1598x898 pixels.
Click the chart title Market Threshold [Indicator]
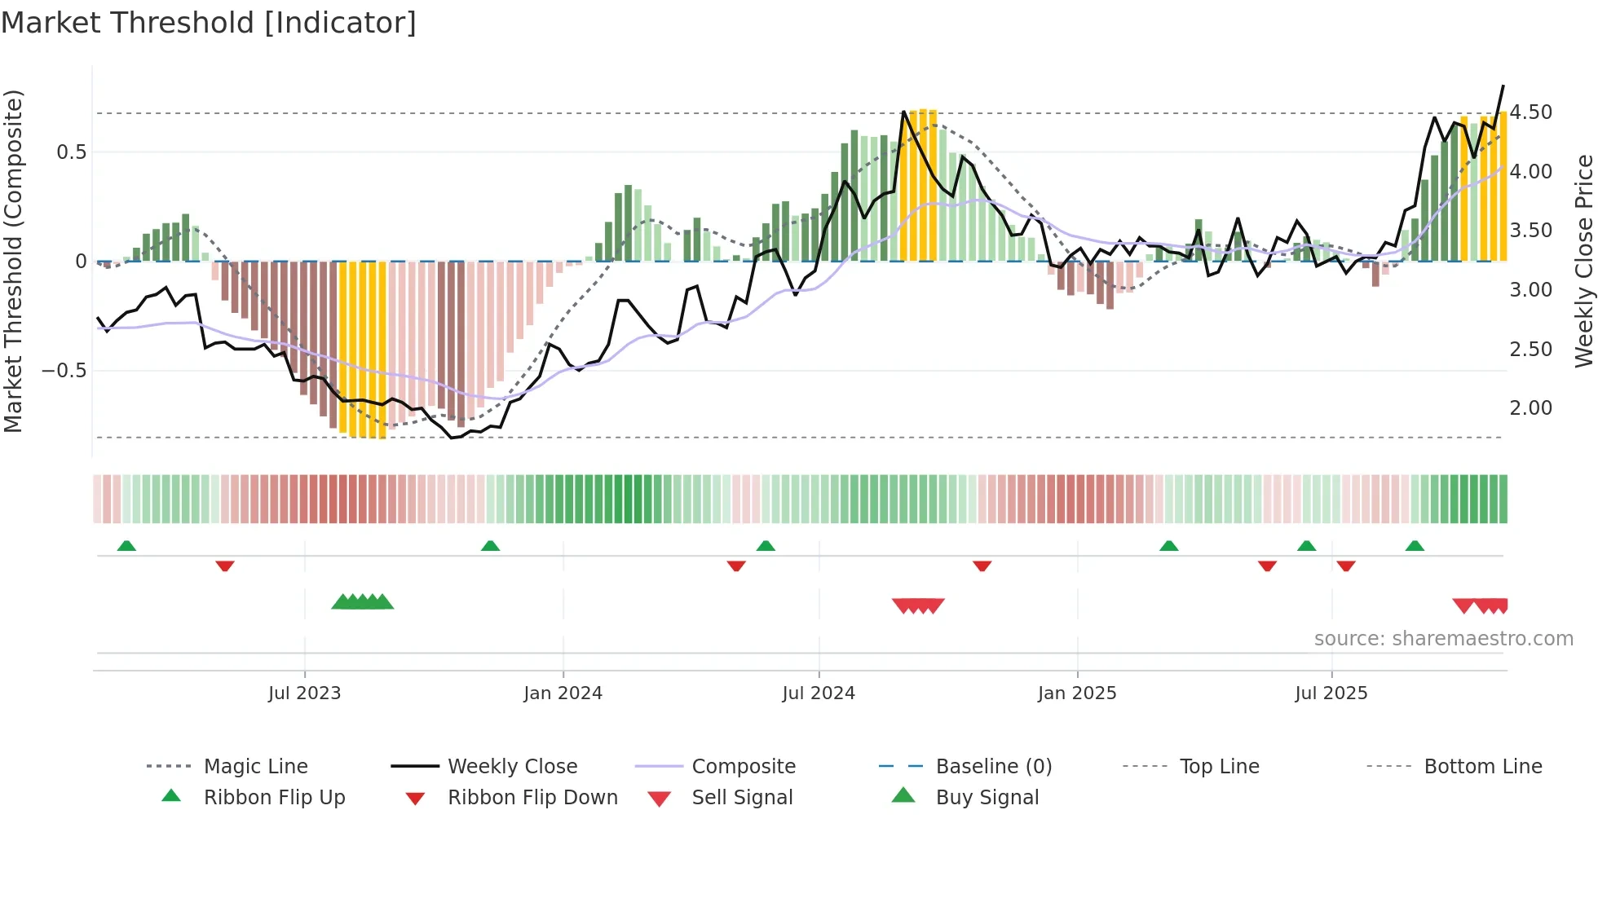click(209, 23)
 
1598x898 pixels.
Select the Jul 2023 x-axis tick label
click(304, 693)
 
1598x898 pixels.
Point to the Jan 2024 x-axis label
click(563, 693)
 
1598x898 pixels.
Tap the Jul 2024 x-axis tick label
click(819, 693)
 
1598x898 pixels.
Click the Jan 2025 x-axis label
click(1077, 693)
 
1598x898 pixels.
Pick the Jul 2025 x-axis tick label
click(1331, 693)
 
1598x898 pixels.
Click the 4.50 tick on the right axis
click(1530, 112)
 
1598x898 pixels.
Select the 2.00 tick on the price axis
click(1530, 408)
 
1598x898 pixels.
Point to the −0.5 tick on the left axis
click(64, 371)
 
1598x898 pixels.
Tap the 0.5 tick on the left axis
click(71, 152)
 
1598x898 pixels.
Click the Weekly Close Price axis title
click(1583, 261)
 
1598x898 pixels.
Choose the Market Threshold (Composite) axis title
click(13, 261)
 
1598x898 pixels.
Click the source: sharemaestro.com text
click(1443, 639)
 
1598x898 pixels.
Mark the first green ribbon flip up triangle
click(126, 546)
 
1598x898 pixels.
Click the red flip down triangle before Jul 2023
click(225, 566)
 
